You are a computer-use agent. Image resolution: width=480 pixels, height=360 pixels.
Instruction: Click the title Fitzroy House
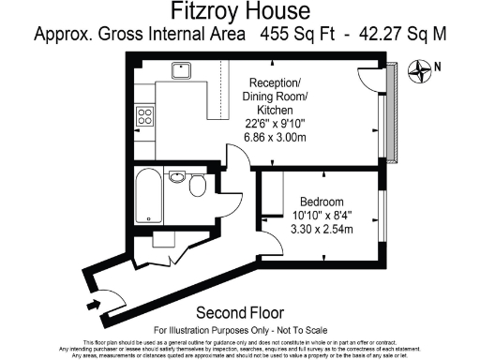click(240, 12)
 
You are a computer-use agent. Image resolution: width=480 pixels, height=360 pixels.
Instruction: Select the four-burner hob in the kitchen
click(145, 116)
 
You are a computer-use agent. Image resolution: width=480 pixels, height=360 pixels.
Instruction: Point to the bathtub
click(148, 196)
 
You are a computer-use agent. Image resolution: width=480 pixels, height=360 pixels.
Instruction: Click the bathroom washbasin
click(176, 175)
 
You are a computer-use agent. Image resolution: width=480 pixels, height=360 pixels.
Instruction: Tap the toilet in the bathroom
click(197, 187)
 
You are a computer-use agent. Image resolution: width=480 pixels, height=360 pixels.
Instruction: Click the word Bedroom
click(322, 202)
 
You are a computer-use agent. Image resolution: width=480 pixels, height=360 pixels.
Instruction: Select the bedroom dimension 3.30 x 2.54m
click(322, 228)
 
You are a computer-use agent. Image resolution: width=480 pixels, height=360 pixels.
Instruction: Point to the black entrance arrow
click(91, 304)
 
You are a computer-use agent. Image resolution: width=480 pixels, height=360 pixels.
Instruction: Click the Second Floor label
click(240, 313)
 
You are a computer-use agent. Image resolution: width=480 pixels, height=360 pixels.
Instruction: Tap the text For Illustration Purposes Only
click(219, 330)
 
